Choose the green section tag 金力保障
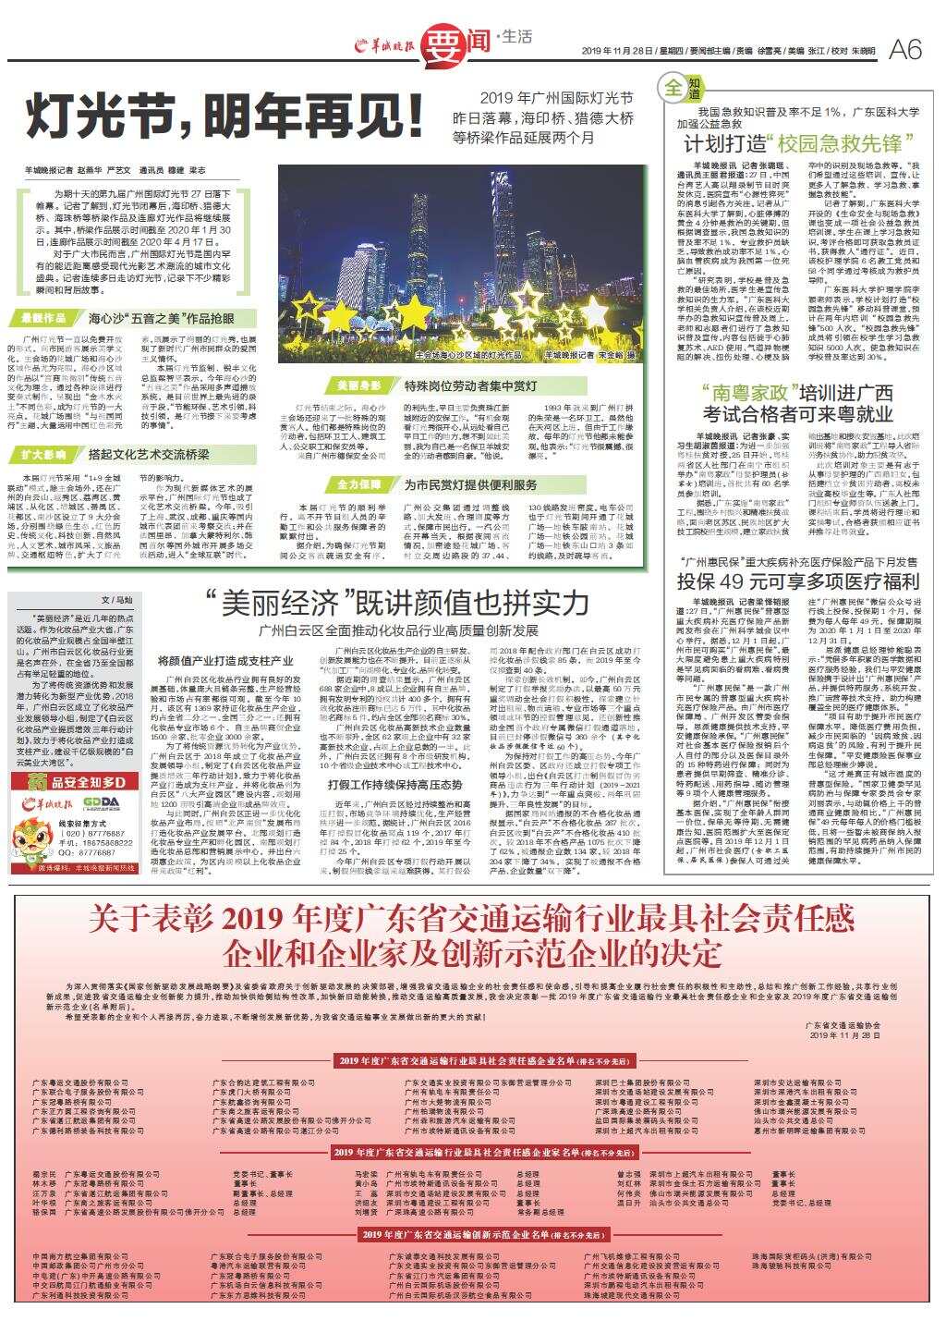[358, 484]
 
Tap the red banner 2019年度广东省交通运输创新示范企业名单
[472, 1234]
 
